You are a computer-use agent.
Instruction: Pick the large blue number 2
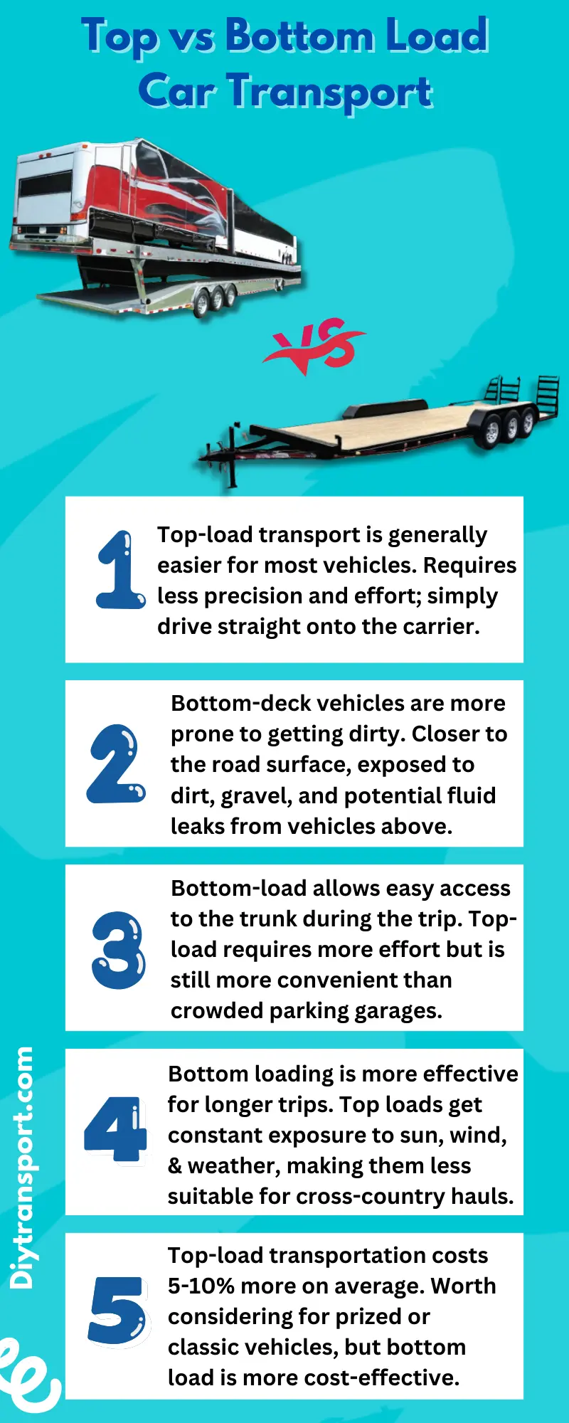116,764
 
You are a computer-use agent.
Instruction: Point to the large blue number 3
118,950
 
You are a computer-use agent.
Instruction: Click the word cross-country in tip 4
371,1197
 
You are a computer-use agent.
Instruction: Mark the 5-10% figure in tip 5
201,1286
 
